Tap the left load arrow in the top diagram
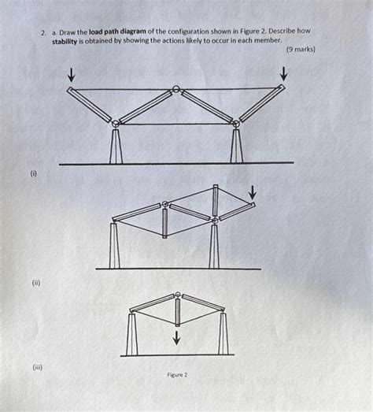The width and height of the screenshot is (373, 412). coord(72,75)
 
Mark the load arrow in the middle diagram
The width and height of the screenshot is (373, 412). coord(252,192)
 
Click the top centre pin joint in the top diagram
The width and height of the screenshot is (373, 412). coord(177,89)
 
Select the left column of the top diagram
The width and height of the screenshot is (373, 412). coord(116,145)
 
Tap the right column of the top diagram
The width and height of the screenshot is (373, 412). coord(235,145)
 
